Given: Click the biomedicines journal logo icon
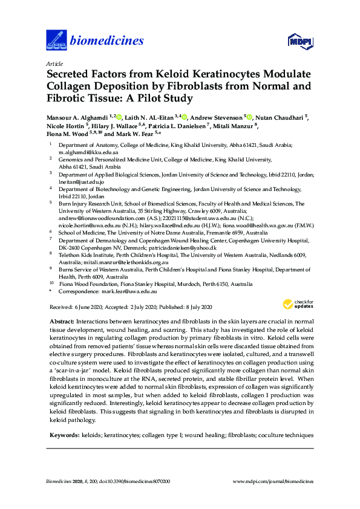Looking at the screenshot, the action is (x=56, y=41).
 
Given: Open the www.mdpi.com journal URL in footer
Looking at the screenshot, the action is (x=273, y=481).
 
